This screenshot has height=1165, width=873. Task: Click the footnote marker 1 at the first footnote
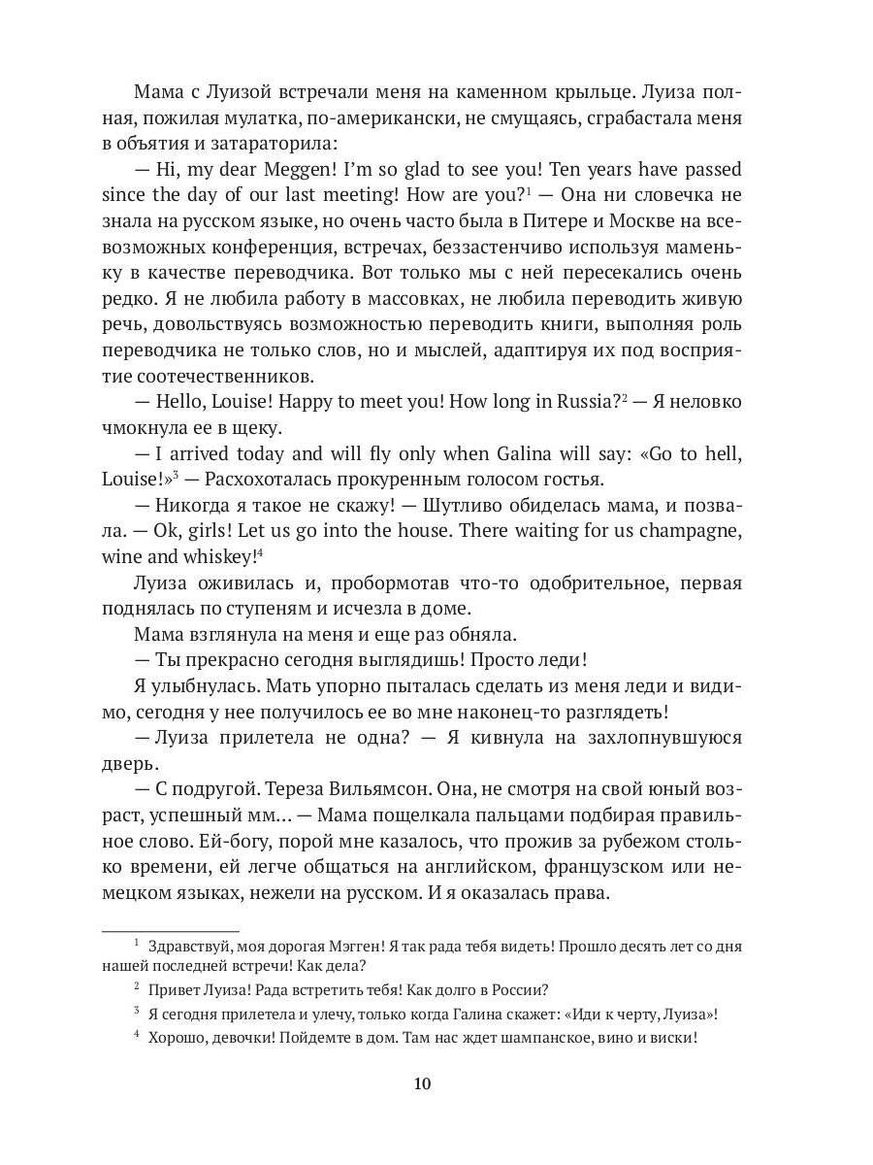tap(137, 945)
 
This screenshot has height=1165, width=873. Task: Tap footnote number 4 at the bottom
tap(137, 1037)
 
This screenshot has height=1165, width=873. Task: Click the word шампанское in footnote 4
tap(530, 1038)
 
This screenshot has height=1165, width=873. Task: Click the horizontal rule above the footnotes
tap(170, 931)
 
